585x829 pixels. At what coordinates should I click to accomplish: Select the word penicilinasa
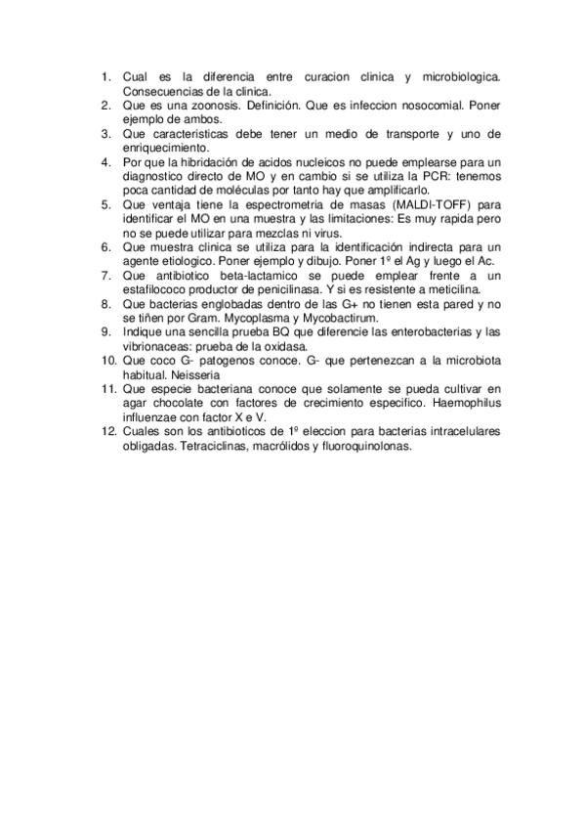(283, 289)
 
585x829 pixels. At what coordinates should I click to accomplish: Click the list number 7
(106, 275)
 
